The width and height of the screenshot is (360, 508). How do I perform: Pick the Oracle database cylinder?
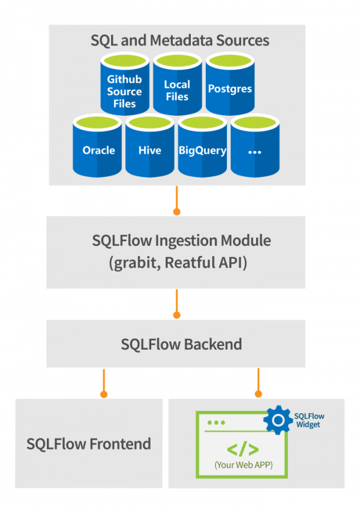(x=98, y=149)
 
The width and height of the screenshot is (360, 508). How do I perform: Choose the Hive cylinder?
(x=149, y=149)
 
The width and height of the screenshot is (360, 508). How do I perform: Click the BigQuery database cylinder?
(x=202, y=149)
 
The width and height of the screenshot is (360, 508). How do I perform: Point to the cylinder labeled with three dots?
(x=254, y=149)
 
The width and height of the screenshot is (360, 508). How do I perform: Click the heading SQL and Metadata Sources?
(x=180, y=41)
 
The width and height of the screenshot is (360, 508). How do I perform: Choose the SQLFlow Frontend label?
(x=89, y=444)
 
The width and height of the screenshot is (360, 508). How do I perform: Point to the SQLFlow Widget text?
(x=308, y=420)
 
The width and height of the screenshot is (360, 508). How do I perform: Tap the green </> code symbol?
(x=242, y=449)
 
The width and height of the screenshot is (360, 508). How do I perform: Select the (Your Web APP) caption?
(x=242, y=465)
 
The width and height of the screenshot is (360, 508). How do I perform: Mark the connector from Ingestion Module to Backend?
(x=176, y=303)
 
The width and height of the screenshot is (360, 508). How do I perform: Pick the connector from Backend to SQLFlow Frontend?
(x=104, y=382)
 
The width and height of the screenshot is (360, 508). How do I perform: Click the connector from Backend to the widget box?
(x=259, y=382)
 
